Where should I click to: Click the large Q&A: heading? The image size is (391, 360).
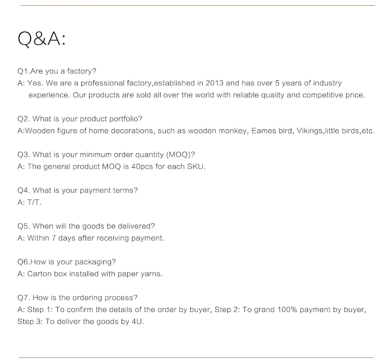tap(42, 39)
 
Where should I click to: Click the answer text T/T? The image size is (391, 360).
tap(34, 202)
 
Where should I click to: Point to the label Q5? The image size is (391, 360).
tap(24, 226)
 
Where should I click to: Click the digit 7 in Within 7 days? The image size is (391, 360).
tap(54, 238)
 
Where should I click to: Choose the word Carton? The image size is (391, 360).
tap(39, 274)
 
